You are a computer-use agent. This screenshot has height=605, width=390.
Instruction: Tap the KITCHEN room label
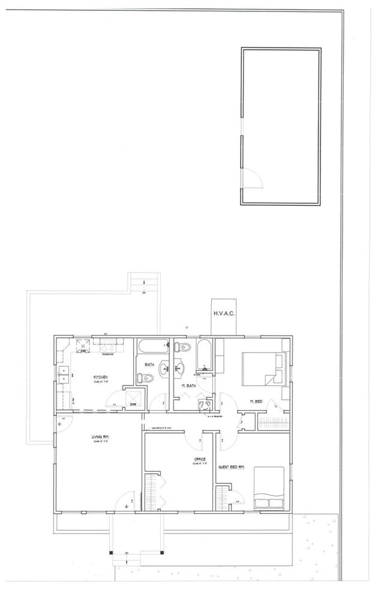click(x=100, y=377)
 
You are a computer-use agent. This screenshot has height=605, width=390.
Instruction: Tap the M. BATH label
click(x=190, y=386)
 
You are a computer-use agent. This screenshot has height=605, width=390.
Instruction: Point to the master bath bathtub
click(x=204, y=354)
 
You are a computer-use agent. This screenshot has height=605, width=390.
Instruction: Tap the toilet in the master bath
click(x=184, y=348)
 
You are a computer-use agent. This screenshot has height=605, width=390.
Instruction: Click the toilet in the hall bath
click(x=142, y=378)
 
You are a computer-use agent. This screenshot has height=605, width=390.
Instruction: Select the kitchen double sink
click(x=64, y=374)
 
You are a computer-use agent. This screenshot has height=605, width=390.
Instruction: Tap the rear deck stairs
click(x=143, y=282)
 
